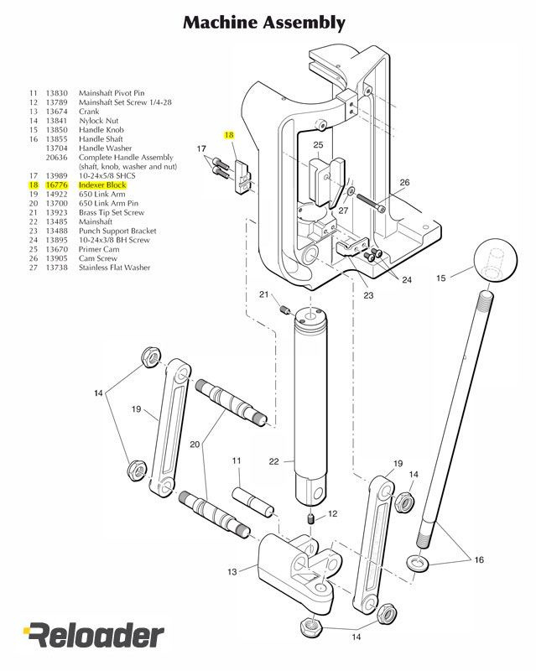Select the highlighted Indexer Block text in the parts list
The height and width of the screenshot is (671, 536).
(101, 185)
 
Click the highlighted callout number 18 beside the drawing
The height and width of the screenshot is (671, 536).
(229, 135)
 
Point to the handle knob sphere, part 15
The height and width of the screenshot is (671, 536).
(493, 262)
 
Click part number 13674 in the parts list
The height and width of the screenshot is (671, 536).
(56, 111)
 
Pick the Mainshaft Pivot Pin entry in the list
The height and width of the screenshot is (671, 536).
(111, 93)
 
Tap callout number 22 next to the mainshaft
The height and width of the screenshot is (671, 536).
(273, 460)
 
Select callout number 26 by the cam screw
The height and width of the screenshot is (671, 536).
(403, 182)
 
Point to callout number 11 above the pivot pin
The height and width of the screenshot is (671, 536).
(237, 460)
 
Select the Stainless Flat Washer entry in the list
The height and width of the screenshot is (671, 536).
(114, 268)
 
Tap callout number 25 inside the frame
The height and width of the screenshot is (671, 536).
(318, 145)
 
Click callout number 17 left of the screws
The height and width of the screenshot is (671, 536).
(201, 148)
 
